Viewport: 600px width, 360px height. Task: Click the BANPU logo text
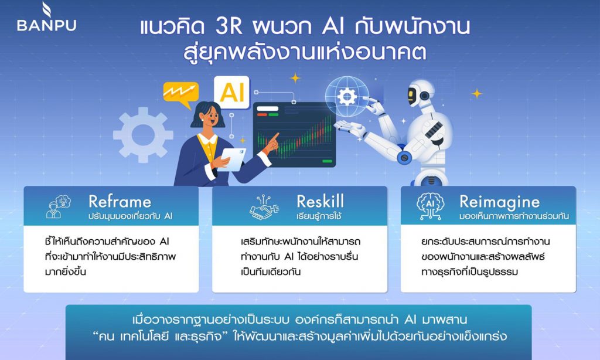point(47,25)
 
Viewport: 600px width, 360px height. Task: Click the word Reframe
point(120,202)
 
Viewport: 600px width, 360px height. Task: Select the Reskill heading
point(320,201)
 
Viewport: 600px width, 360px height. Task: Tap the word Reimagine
point(499,202)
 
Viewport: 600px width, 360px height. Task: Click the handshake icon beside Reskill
point(264,207)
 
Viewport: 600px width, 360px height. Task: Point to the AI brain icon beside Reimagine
point(430,206)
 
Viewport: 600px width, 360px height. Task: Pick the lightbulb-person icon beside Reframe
point(59,207)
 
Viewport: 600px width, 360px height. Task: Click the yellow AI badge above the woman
point(232,92)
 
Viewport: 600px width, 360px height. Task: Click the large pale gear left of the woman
point(143,135)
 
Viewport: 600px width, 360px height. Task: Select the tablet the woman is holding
point(233,159)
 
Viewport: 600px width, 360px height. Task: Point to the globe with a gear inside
point(347,96)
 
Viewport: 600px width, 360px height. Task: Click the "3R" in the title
point(229,27)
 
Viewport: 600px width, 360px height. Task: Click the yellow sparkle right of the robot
point(477,93)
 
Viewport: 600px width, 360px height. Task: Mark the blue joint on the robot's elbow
point(404,157)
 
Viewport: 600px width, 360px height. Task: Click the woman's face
point(210,118)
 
